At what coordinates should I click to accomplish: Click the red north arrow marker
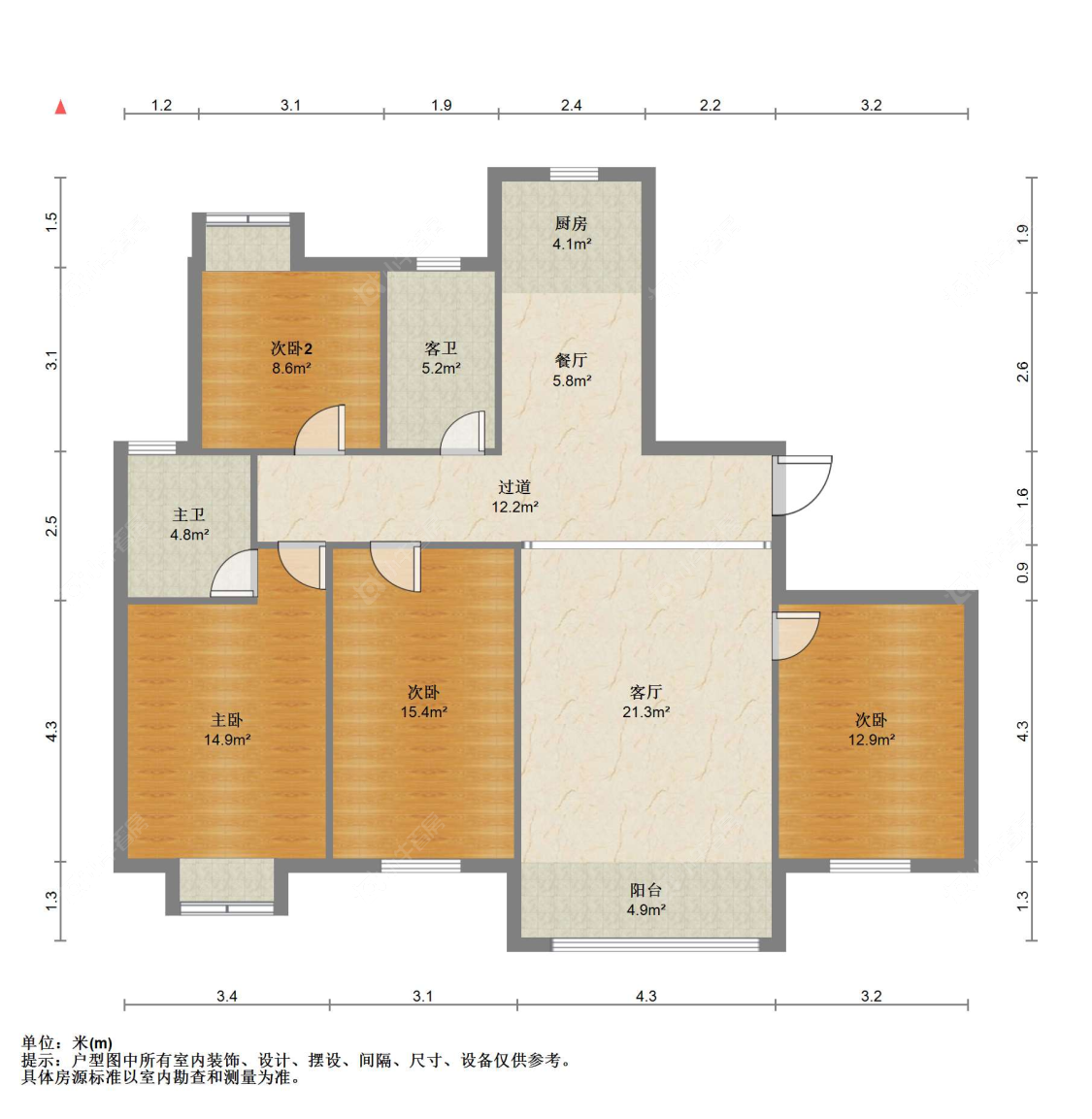tap(60, 107)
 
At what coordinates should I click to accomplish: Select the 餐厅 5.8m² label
tap(571, 371)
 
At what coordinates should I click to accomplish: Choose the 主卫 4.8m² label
tap(189, 524)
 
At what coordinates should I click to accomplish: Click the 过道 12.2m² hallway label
tap(513, 497)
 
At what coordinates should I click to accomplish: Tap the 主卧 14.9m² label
tap(227, 730)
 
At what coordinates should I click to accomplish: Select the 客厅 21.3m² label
tap(645, 702)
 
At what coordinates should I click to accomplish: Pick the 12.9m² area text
tap(871, 741)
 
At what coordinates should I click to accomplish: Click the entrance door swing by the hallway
tap(802, 485)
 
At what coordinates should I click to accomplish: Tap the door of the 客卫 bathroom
tap(463, 433)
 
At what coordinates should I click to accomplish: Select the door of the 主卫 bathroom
tap(234, 573)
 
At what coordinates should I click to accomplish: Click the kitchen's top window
tap(574, 174)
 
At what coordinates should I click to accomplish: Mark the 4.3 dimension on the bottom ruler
tap(645, 997)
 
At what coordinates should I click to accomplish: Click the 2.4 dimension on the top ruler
tap(571, 106)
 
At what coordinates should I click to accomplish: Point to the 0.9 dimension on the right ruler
tap(1023, 573)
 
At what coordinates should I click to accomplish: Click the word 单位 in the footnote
tap(37, 1043)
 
